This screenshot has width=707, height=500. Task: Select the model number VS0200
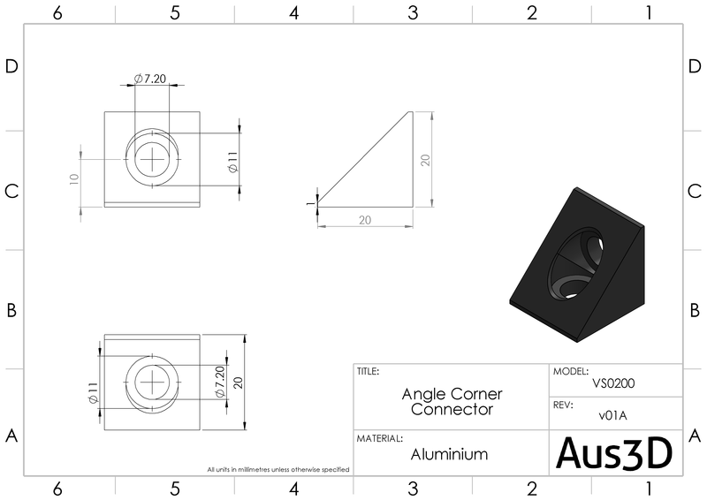click(614, 383)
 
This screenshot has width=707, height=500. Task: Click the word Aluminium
click(449, 454)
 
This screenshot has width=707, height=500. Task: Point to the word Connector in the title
click(451, 409)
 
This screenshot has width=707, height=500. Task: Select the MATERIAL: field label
click(380, 438)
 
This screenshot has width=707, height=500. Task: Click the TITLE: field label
click(369, 372)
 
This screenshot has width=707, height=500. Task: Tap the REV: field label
click(564, 405)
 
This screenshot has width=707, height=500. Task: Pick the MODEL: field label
click(570, 372)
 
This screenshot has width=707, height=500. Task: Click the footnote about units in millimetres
click(278, 469)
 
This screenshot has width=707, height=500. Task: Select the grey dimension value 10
click(75, 178)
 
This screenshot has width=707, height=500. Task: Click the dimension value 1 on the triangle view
click(310, 202)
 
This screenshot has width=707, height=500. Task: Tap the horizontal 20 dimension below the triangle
click(364, 221)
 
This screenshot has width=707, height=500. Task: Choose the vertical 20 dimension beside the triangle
click(425, 160)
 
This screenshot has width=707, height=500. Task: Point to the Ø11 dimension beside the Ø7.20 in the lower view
click(92, 394)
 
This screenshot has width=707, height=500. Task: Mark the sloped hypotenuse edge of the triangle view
click(364, 159)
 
